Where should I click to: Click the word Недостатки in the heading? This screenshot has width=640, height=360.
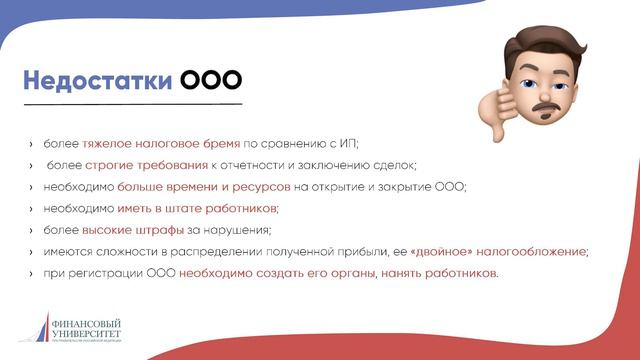tap(96, 79)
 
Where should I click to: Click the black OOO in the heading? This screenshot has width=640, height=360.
tap(210, 79)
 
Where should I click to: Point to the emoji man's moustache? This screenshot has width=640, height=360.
tap(546, 104)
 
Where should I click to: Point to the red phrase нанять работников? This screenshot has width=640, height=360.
tap(439, 273)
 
